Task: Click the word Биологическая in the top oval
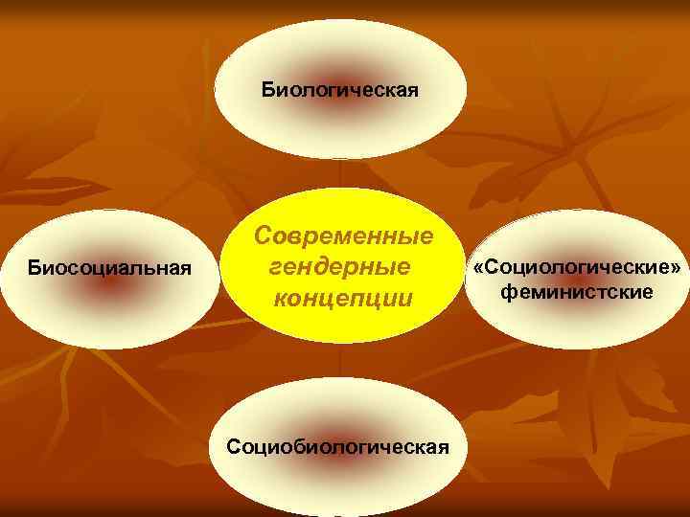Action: [x=340, y=91]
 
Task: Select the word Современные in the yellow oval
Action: [x=344, y=236]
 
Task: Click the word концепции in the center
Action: [x=343, y=297]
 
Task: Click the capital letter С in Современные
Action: [x=262, y=236]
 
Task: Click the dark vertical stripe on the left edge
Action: [x=5, y=258]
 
